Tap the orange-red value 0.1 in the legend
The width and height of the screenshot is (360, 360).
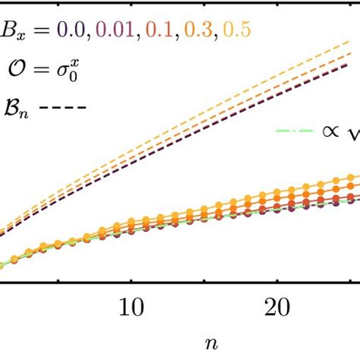[x=160, y=30]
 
